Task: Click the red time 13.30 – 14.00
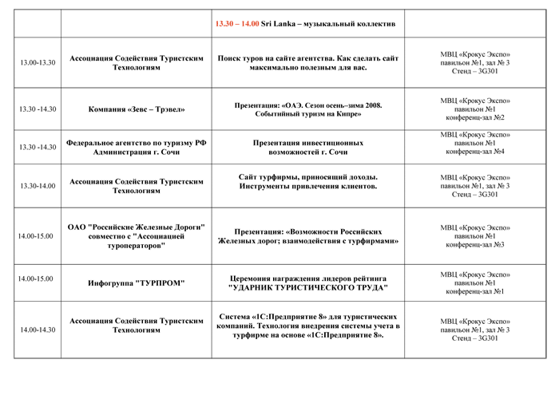237,24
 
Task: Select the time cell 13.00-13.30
38,63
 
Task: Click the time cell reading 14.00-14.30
38,330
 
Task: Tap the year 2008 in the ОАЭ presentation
373,105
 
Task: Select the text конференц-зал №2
475,117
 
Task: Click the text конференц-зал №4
475,152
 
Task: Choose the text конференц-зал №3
475,245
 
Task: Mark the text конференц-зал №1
475,292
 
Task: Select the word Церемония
249,278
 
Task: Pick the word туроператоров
137,246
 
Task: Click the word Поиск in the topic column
228,58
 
